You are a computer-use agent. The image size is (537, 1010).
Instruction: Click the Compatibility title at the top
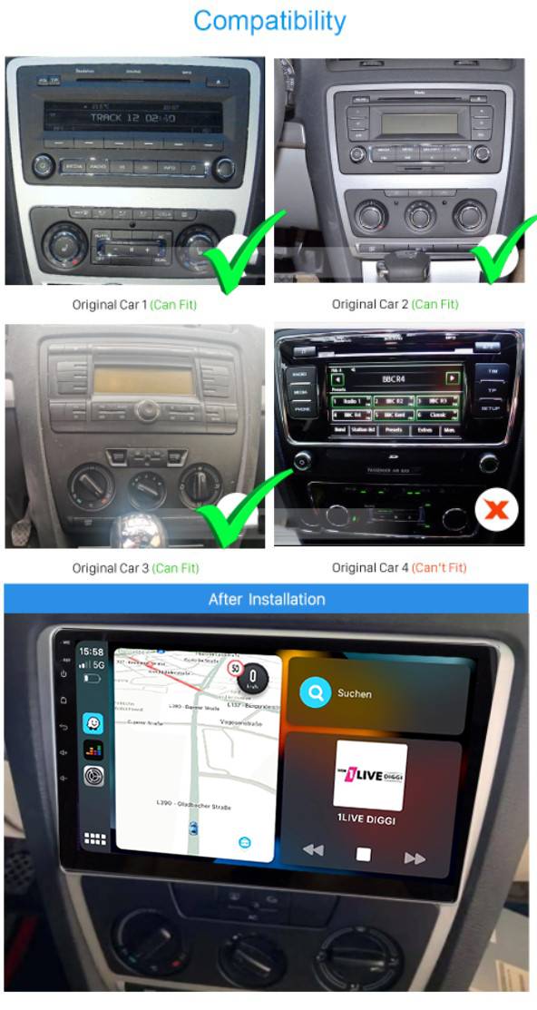point(269,21)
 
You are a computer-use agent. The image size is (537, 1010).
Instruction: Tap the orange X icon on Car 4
point(495,510)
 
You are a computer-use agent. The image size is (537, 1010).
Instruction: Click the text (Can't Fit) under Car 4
point(439,568)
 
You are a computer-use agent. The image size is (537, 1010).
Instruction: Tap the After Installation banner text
point(267,599)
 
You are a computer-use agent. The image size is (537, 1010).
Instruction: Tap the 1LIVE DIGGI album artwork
point(369,775)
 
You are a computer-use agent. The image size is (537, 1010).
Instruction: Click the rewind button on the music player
point(313,850)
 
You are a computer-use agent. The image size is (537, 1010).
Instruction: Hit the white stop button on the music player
point(363,854)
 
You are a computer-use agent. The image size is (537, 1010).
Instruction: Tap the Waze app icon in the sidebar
point(93,723)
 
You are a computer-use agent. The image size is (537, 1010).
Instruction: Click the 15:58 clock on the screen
point(92,652)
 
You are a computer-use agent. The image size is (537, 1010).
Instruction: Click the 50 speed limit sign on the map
point(236,669)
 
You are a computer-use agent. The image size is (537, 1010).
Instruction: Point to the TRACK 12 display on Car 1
point(132,118)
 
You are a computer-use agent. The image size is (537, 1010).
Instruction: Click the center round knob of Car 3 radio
point(146,411)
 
